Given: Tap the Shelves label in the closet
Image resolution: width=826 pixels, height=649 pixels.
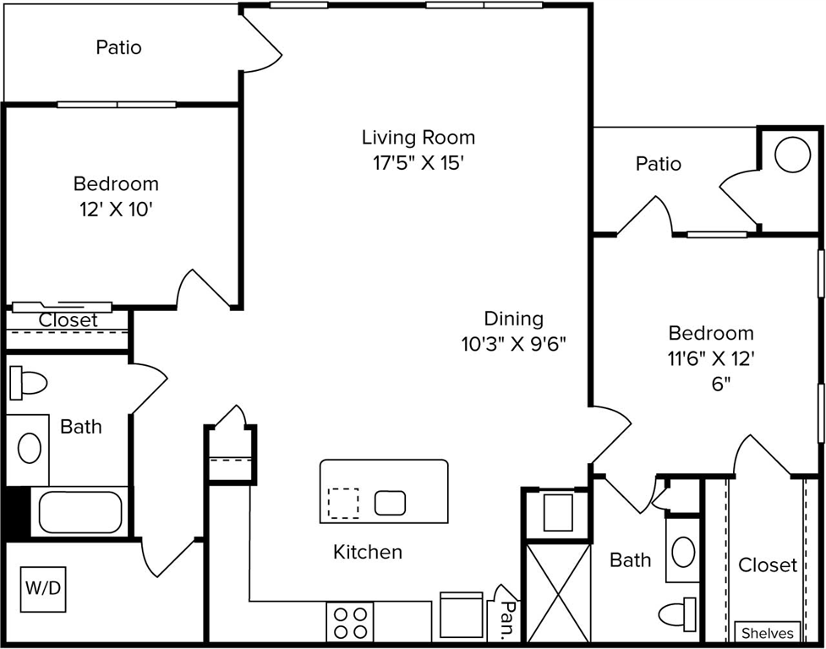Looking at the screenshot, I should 768,633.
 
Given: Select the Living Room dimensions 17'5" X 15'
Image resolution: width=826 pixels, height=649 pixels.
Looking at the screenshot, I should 418,163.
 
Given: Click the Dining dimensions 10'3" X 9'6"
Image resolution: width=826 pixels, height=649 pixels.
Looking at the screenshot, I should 513,344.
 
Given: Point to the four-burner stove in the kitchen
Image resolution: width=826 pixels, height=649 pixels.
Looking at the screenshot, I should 350,623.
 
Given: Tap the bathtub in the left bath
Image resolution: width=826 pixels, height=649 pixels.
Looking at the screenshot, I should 80,512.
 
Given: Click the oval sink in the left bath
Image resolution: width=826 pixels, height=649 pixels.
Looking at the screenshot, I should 30,447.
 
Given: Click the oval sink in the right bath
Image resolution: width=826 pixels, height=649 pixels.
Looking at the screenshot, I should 682,552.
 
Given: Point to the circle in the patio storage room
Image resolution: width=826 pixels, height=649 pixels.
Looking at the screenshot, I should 793,155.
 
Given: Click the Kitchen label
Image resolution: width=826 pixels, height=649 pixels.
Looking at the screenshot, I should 368,553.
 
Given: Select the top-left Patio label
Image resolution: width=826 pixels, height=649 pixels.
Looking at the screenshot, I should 118,47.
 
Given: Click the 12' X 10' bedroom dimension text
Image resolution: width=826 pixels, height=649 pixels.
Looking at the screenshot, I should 116,209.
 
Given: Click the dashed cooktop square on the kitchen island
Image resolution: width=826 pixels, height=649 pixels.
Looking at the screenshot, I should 342,504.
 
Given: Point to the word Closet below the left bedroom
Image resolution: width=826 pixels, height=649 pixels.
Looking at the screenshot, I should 68,320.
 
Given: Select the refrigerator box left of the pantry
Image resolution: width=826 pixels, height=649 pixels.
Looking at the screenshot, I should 462,616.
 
